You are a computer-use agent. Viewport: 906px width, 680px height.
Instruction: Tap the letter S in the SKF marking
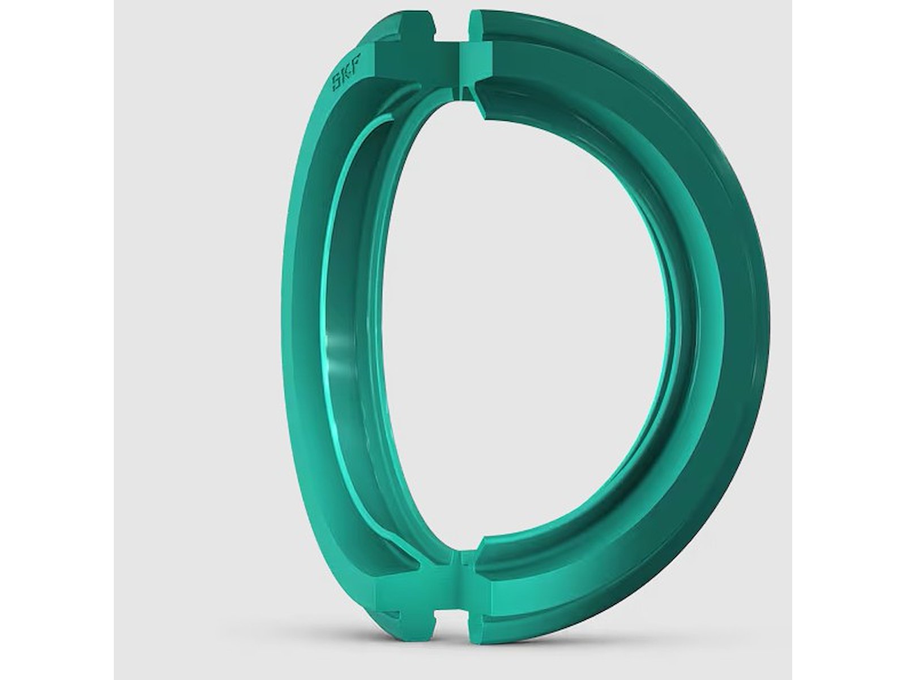339,83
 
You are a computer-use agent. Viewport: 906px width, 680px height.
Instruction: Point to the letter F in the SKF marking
355,59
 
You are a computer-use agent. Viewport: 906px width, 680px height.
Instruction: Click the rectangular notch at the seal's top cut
452,25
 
